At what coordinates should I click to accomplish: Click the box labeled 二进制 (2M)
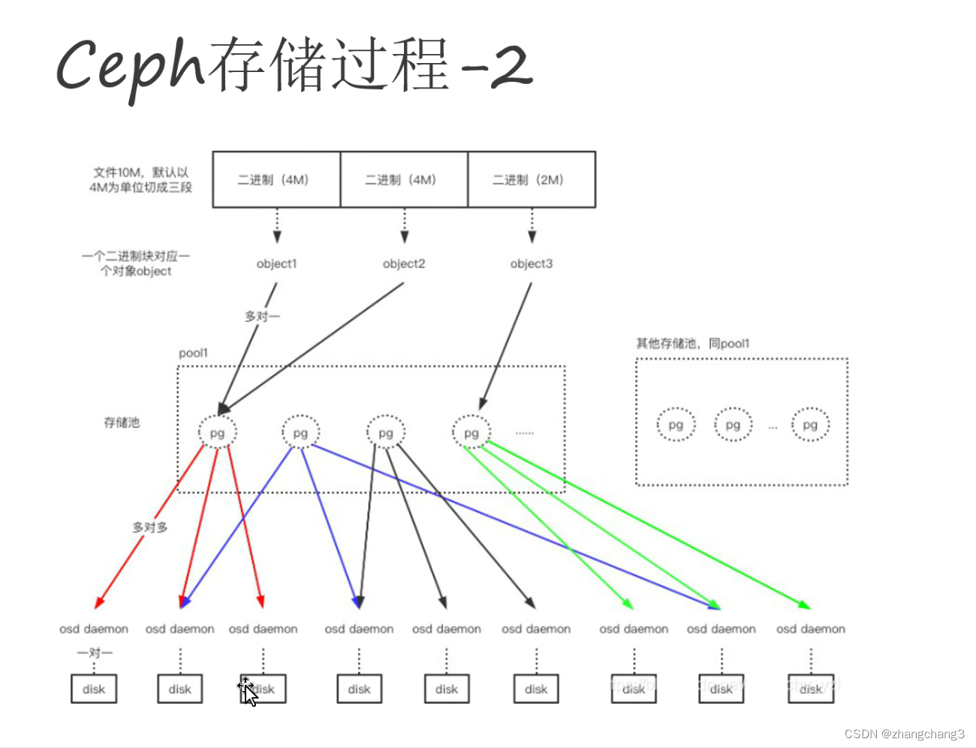pyautogui.click(x=532, y=180)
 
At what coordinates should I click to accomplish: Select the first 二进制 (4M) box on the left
pyautogui.click(x=276, y=180)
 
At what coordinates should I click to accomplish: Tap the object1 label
pyautogui.click(x=276, y=263)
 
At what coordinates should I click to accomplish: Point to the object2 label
pyautogui.click(x=404, y=263)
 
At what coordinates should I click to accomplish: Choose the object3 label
pyautogui.click(x=532, y=263)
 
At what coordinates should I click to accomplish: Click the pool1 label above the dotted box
pyautogui.click(x=194, y=353)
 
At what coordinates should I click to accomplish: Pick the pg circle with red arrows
pyautogui.click(x=218, y=433)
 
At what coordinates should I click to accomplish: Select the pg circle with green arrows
pyautogui.click(x=471, y=433)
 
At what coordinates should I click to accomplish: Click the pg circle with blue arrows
pyautogui.click(x=301, y=433)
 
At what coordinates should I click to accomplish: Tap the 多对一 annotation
pyautogui.click(x=262, y=317)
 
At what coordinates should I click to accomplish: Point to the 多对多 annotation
pyautogui.click(x=150, y=527)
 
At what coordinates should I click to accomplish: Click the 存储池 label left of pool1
pyautogui.click(x=122, y=422)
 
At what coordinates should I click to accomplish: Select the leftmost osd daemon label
pyautogui.click(x=94, y=629)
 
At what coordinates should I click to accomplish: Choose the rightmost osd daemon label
pyautogui.click(x=811, y=629)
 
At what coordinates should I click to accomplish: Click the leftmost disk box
pyautogui.click(x=94, y=689)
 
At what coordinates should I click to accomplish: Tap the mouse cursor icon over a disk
pyautogui.click(x=248, y=691)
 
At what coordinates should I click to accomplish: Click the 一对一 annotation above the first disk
pyautogui.click(x=95, y=653)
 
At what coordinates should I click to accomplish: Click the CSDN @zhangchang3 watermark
pyautogui.click(x=904, y=734)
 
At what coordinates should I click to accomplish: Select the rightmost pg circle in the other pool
pyautogui.click(x=810, y=425)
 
